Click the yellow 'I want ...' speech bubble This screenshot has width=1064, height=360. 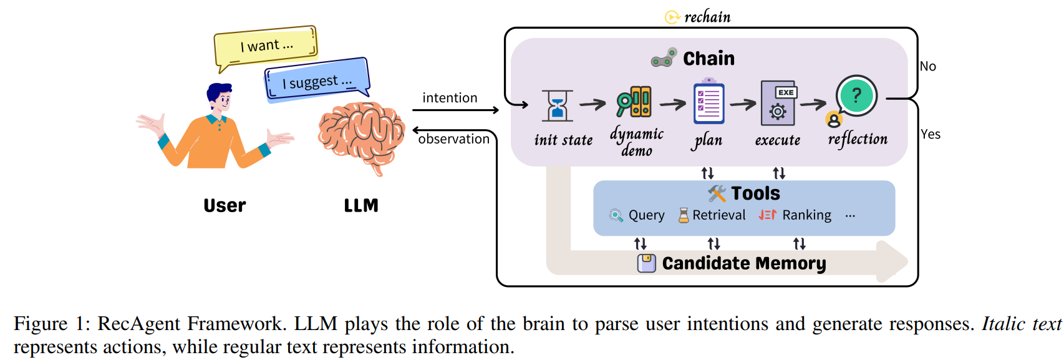tap(266, 46)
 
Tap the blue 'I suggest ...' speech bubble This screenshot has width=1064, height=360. tap(317, 80)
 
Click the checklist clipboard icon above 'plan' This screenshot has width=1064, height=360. tap(709, 104)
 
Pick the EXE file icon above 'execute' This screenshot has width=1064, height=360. tap(778, 104)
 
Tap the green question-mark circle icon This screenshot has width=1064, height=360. tap(856, 95)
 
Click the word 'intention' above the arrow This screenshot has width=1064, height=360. tap(450, 98)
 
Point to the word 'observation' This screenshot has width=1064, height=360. tap(453, 139)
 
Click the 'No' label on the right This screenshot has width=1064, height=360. tap(927, 66)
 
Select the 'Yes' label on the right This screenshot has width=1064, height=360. tap(930, 134)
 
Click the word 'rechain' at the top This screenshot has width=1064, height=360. tap(707, 17)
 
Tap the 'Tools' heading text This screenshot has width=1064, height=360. tap(755, 193)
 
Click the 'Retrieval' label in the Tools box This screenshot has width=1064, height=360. tap(718, 215)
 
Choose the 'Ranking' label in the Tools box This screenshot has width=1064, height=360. tap(806, 215)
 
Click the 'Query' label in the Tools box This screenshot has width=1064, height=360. tap(646, 215)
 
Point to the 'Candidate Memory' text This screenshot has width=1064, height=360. tap(743, 263)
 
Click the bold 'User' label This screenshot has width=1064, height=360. tap(225, 205)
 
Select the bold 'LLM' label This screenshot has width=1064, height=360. tap(361, 205)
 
